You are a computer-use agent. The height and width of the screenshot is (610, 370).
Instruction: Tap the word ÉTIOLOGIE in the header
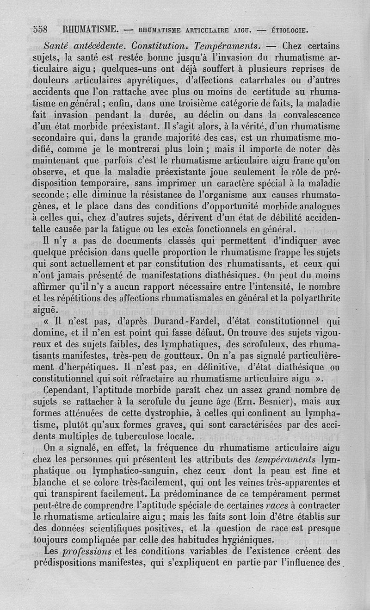[x=289, y=31]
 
